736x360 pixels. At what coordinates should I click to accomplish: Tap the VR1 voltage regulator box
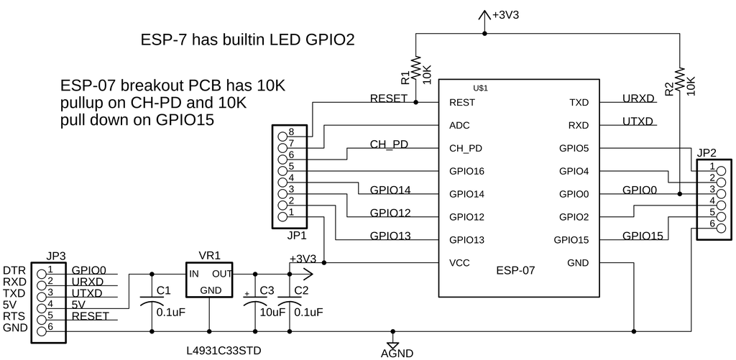(x=209, y=281)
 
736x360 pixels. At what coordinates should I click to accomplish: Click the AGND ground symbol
(x=393, y=343)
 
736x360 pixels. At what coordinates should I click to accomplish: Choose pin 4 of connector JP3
(x=40, y=305)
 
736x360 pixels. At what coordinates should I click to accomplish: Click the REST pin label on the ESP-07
(x=461, y=103)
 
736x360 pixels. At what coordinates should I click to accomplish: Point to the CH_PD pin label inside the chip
(x=466, y=149)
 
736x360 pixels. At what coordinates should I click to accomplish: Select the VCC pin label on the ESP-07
(x=459, y=263)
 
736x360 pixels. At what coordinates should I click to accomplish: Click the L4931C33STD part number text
(x=223, y=351)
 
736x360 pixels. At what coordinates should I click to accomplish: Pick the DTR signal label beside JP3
(x=14, y=270)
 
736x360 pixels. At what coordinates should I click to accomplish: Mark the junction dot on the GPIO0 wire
(x=680, y=194)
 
